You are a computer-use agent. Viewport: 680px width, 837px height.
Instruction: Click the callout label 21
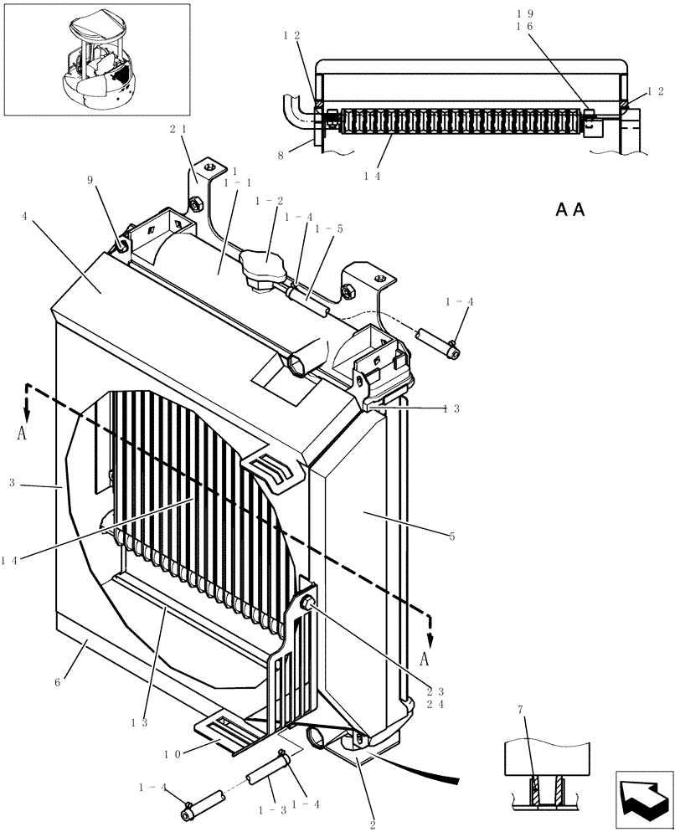[x=178, y=129]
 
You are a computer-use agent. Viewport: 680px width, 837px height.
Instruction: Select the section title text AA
[x=569, y=209]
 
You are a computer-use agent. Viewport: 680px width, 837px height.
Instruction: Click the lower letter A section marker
[x=425, y=660]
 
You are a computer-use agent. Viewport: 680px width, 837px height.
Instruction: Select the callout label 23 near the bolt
[x=435, y=691]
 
